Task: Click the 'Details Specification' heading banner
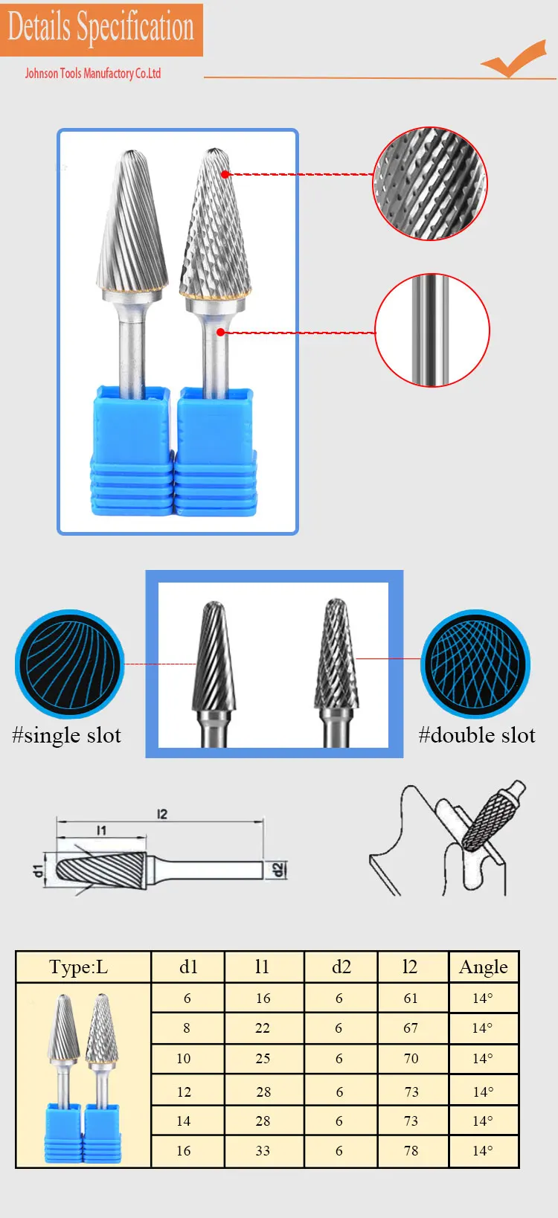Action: (x=101, y=29)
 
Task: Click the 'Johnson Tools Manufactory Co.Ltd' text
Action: (x=93, y=73)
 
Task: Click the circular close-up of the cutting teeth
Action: (x=429, y=183)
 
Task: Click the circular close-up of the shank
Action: (x=432, y=330)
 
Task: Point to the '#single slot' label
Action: (x=66, y=735)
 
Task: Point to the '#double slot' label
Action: (x=476, y=735)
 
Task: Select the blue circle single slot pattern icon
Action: (x=69, y=664)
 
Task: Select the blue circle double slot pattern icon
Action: (x=475, y=664)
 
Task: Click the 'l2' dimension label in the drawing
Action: (x=162, y=814)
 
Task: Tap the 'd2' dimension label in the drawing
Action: (x=278, y=870)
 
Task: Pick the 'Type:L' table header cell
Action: (x=79, y=967)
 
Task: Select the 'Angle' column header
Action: (x=484, y=967)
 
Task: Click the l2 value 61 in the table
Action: (x=411, y=999)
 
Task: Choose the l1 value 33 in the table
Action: (x=263, y=1151)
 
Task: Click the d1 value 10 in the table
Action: (x=184, y=1059)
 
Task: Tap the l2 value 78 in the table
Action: (x=411, y=1151)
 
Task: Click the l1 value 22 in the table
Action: (x=263, y=1028)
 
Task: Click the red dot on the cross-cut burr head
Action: (x=225, y=174)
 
